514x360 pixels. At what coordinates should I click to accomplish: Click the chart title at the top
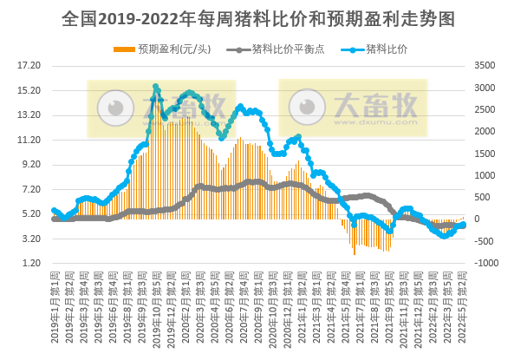coord(257,18)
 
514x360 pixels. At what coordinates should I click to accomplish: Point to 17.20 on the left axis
coord(29,65)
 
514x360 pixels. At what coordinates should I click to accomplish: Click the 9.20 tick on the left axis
coord(29,164)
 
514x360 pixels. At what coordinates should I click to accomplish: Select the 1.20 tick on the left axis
coord(29,263)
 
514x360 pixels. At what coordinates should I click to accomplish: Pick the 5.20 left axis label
coord(29,213)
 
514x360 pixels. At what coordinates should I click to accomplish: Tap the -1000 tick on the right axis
coord(485,263)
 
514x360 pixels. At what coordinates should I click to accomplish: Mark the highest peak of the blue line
coord(156,87)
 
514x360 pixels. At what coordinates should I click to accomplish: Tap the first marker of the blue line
coord(54,210)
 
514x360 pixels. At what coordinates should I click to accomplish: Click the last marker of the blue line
coord(464,225)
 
